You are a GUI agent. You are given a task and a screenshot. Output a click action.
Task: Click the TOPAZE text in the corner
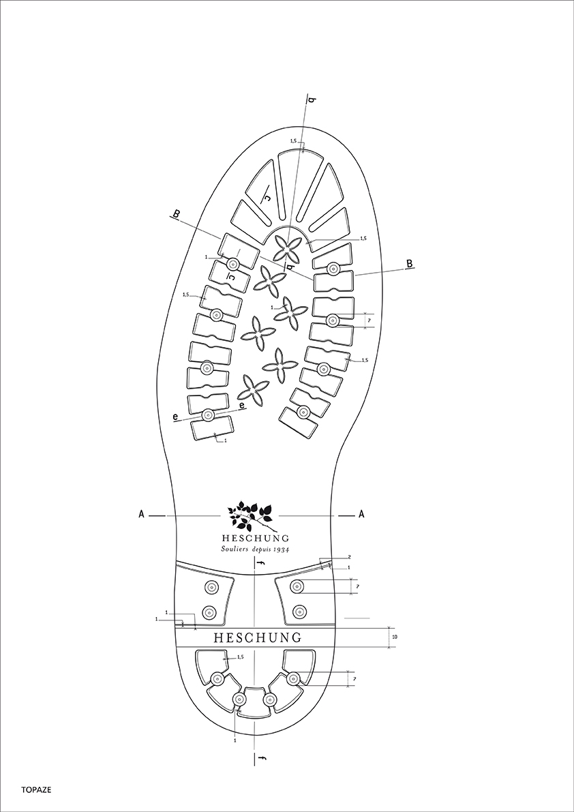pyautogui.click(x=36, y=790)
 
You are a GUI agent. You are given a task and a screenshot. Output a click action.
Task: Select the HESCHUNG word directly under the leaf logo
pyautogui.click(x=255, y=537)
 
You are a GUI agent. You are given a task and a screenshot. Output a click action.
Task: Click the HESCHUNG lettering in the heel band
pyautogui.click(x=257, y=637)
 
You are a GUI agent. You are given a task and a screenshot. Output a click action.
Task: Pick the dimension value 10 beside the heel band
pyautogui.click(x=395, y=637)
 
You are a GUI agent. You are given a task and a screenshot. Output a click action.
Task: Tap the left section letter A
pyautogui.click(x=141, y=515)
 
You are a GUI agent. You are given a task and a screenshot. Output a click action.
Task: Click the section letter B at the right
pyautogui.click(x=410, y=264)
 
